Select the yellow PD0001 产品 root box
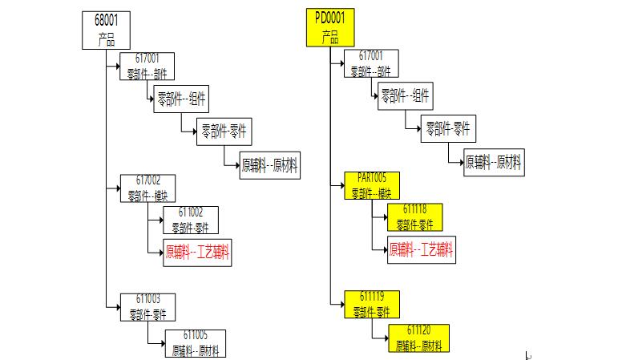click(x=329, y=28)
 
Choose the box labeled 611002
click(x=190, y=220)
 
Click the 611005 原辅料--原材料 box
click(x=195, y=342)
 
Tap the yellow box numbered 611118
click(x=414, y=217)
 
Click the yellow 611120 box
click(x=418, y=338)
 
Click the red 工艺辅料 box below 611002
click(x=197, y=253)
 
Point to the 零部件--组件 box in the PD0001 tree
click(x=405, y=97)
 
